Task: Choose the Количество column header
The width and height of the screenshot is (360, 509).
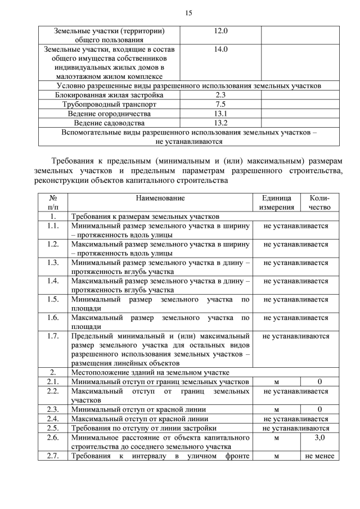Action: pyautogui.click(x=319, y=202)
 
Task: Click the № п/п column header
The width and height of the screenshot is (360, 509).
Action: pyautogui.click(x=53, y=202)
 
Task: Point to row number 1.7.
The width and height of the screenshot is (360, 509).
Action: pyautogui.click(x=53, y=336)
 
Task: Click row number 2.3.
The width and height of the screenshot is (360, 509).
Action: pyautogui.click(x=53, y=409)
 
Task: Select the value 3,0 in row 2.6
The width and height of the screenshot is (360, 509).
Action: pyautogui.click(x=319, y=437)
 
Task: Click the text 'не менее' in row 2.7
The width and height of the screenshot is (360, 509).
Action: pyautogui.click(x=319, y=456)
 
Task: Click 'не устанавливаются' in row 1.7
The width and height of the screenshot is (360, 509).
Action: pyautogui.click(x=296, y=336)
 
